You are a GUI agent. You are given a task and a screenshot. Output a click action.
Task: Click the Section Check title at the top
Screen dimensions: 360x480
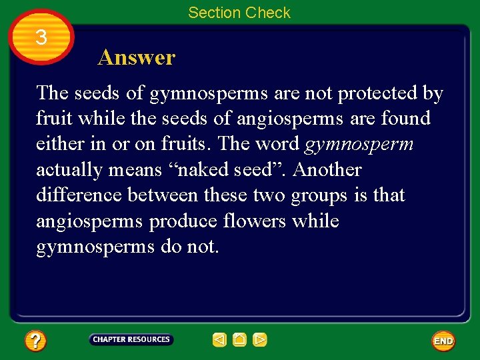239,13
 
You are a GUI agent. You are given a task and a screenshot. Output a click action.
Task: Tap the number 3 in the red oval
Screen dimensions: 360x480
41,37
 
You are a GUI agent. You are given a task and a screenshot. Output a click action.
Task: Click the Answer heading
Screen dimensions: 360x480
136,57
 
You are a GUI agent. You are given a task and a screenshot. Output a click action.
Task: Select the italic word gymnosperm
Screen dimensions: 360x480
359,144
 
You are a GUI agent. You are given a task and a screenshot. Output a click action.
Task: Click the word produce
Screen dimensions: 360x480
179,221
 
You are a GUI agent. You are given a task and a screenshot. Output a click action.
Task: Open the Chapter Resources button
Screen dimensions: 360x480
131,340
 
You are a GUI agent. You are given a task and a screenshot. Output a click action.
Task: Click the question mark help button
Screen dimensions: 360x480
35,341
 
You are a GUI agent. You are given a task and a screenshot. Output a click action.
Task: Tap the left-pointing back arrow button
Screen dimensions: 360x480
219,340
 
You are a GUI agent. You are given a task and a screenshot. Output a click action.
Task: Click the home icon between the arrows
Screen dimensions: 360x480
240,340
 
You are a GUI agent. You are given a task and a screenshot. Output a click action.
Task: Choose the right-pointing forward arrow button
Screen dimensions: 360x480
260,340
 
